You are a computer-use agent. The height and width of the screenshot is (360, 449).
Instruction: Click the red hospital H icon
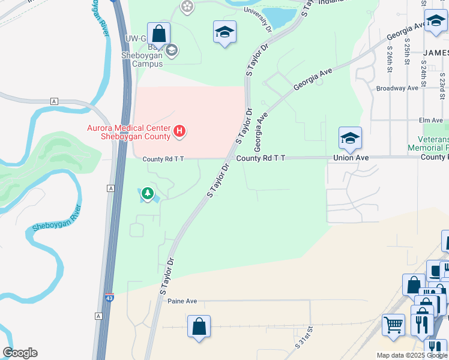click(179, 131)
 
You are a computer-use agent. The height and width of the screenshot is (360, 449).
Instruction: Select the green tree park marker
click(147, 194)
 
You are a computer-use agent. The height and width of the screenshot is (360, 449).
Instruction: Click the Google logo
click(20, 353)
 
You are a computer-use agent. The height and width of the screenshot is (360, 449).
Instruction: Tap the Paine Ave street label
click(182, 301)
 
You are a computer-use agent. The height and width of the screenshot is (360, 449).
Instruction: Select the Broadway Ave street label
click(397, 88)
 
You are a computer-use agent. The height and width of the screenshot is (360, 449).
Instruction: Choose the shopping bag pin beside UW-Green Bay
click(158, 34)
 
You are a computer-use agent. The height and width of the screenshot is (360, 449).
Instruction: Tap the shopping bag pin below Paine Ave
click(199, 328)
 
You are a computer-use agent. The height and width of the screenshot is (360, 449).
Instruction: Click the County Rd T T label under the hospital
click(163, 159)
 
